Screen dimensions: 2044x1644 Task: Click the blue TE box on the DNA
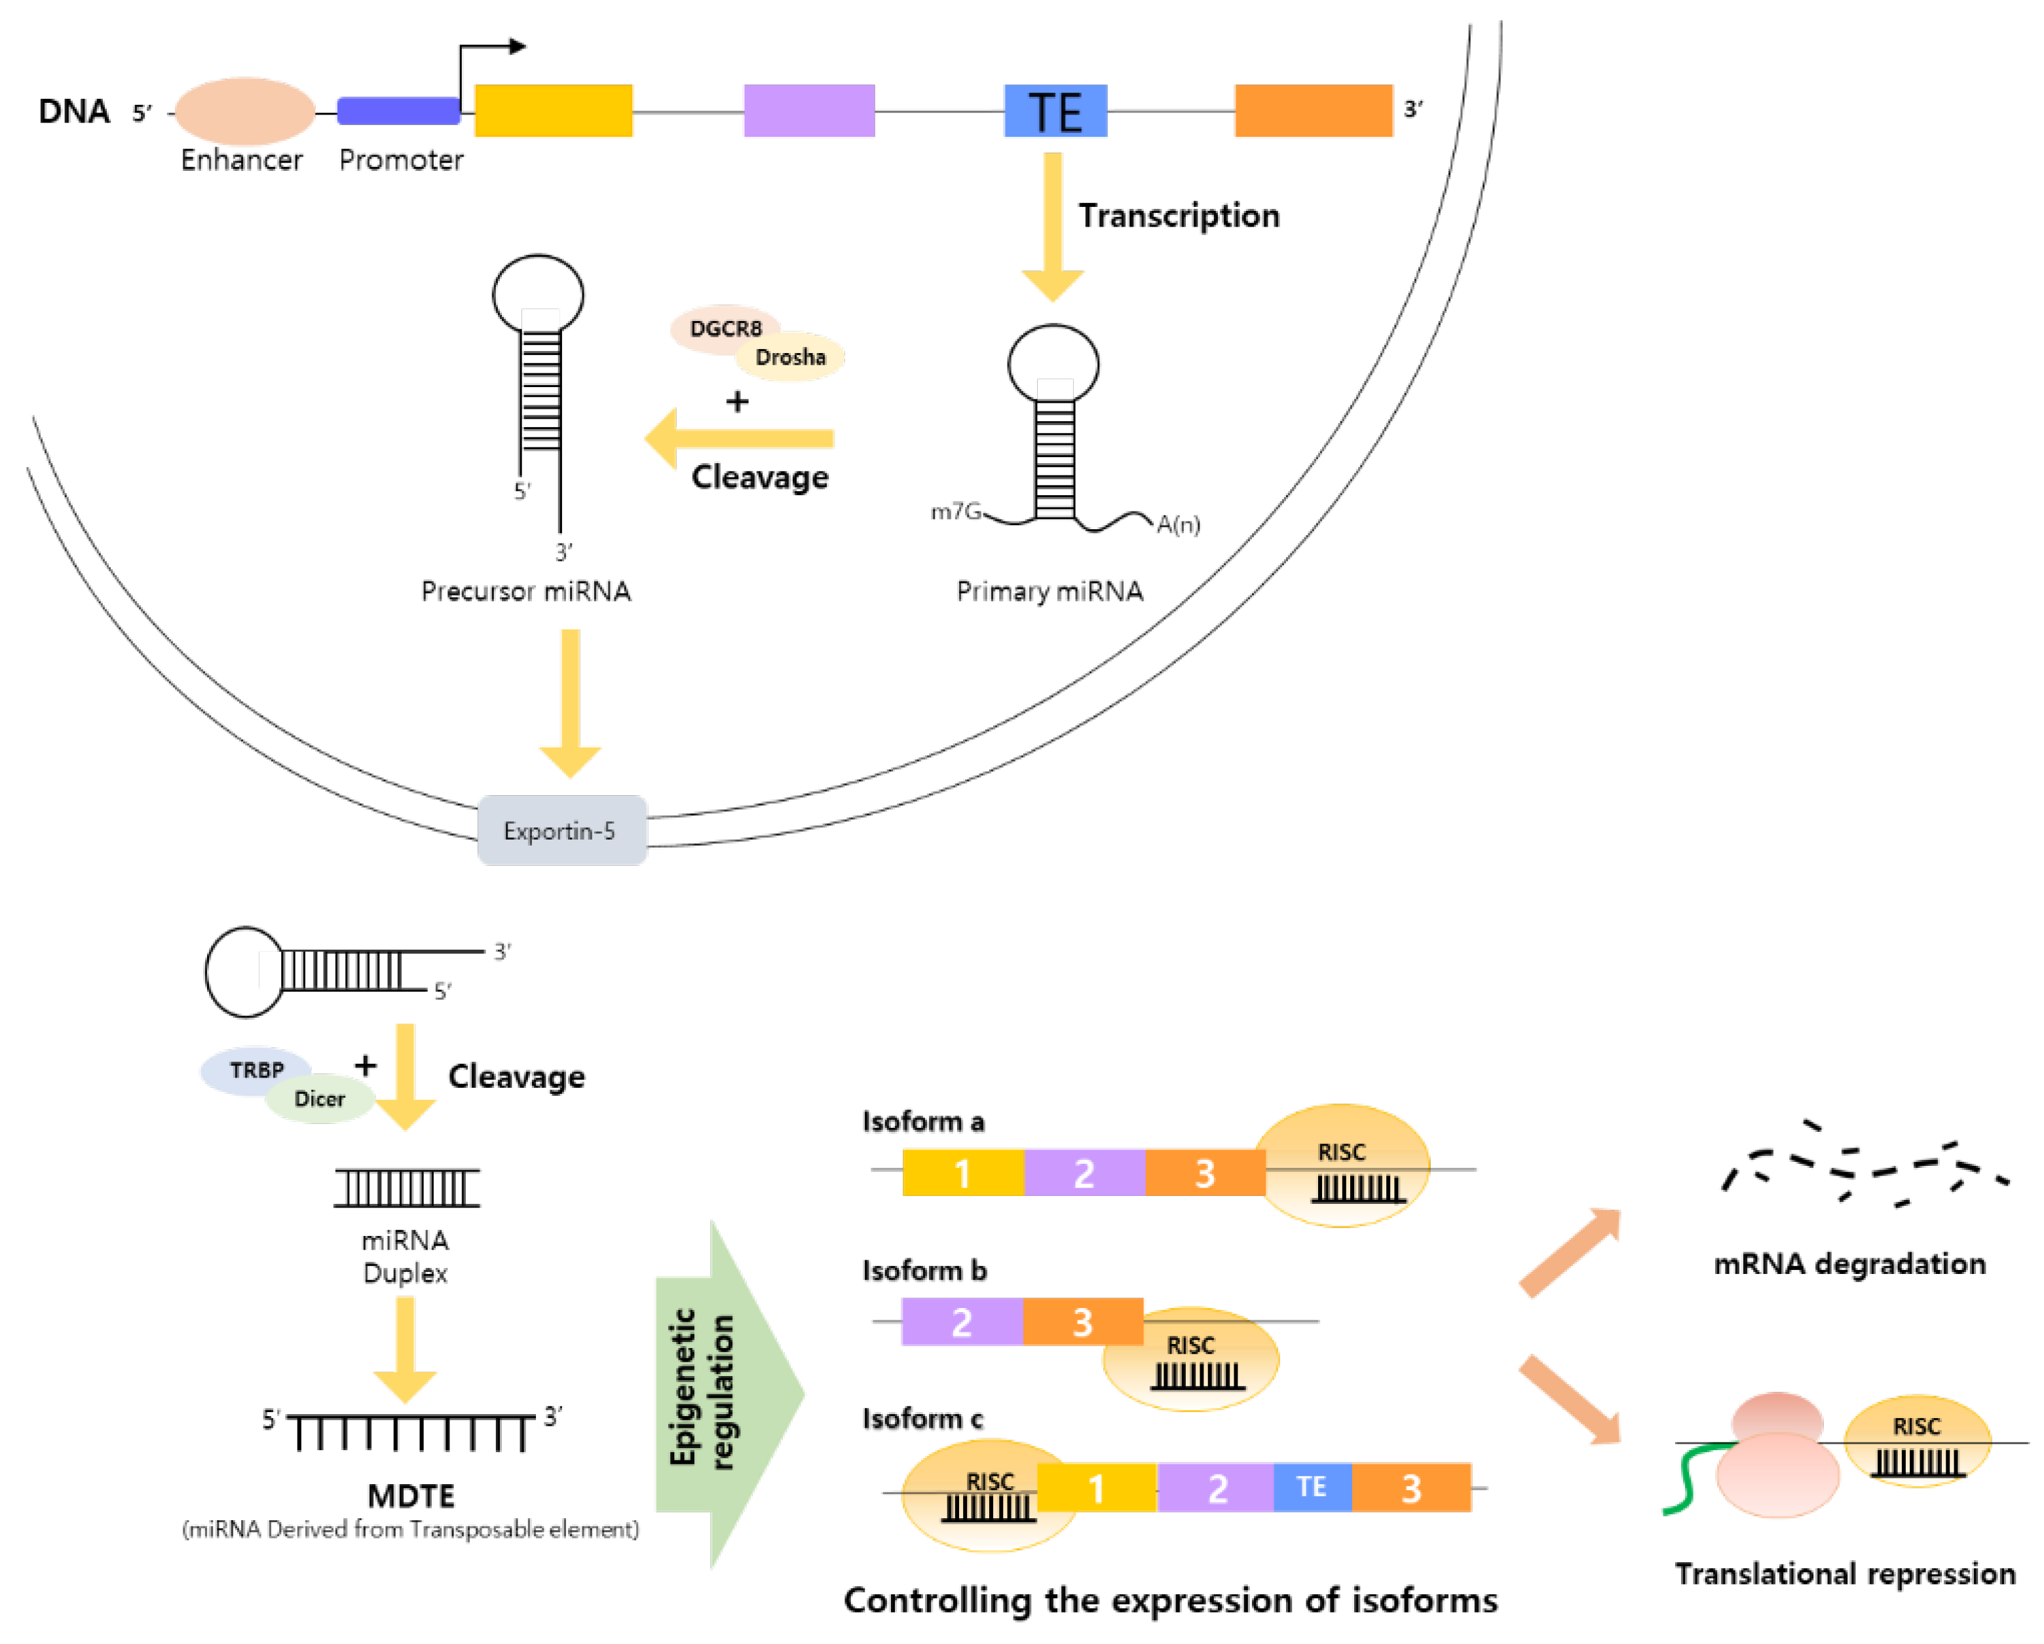[1055, 110]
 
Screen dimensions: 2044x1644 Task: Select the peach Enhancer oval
[244, 111]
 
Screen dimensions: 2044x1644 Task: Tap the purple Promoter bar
[399, 111]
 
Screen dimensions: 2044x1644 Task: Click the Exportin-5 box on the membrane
[562, 831]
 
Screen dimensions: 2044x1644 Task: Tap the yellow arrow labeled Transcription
[1052, 227]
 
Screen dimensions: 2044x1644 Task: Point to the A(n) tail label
[1179, 524]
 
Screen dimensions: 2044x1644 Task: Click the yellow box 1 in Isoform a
[963, 1173]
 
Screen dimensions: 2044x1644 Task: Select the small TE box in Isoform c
[1312, 1487]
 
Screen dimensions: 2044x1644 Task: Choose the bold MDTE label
[411, 1496]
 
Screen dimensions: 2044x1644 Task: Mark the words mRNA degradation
[1849, 1264]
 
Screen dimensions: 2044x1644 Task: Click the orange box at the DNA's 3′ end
[1314, 110]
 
